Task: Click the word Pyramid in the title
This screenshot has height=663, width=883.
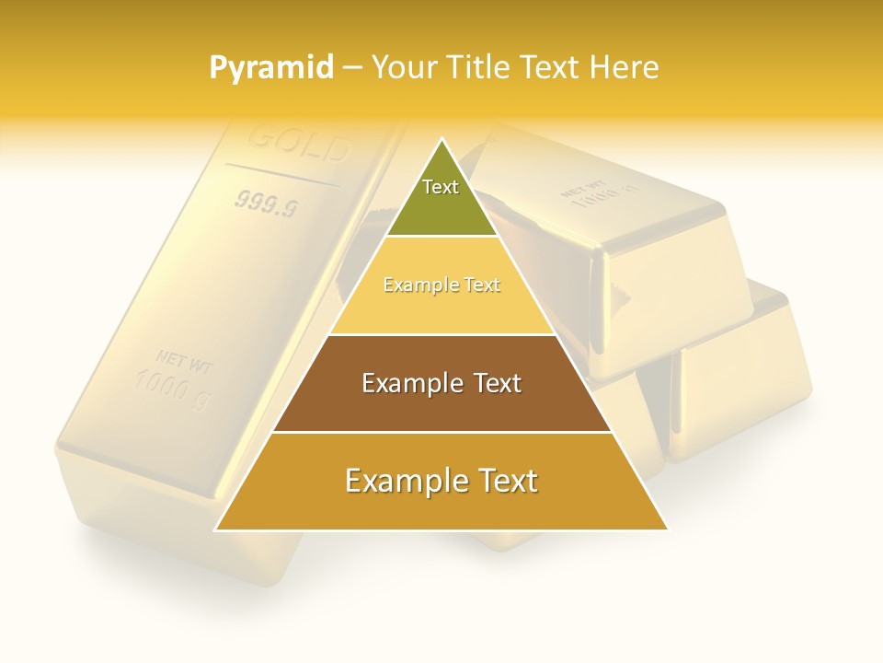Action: pyautogui.click(x=271, y=67)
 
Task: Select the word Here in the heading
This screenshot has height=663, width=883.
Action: pyautogui.click(x=624, y=67)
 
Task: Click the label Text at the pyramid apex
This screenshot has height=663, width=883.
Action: pyautogui.click(x=441, y=187)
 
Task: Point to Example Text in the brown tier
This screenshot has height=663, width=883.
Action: pyautogui.click(x=441, y=383)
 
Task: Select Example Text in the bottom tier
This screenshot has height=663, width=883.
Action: pyautogui.click(x=441, y=481)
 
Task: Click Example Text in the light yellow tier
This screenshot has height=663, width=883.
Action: pyautogui.click(x=441, y=285)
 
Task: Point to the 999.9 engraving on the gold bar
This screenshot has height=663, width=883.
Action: pyautogui.click(x=266, y=203)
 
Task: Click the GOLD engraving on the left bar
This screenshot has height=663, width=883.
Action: pyautogui.click(x=300, y=143)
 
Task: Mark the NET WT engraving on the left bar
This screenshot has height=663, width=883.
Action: pyautogui.click(x=184, y=361)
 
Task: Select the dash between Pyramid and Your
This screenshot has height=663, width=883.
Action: pyautogui.click(x=352, y=67)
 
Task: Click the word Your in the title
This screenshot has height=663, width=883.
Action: pyautogui.click(x=401, y=67)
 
